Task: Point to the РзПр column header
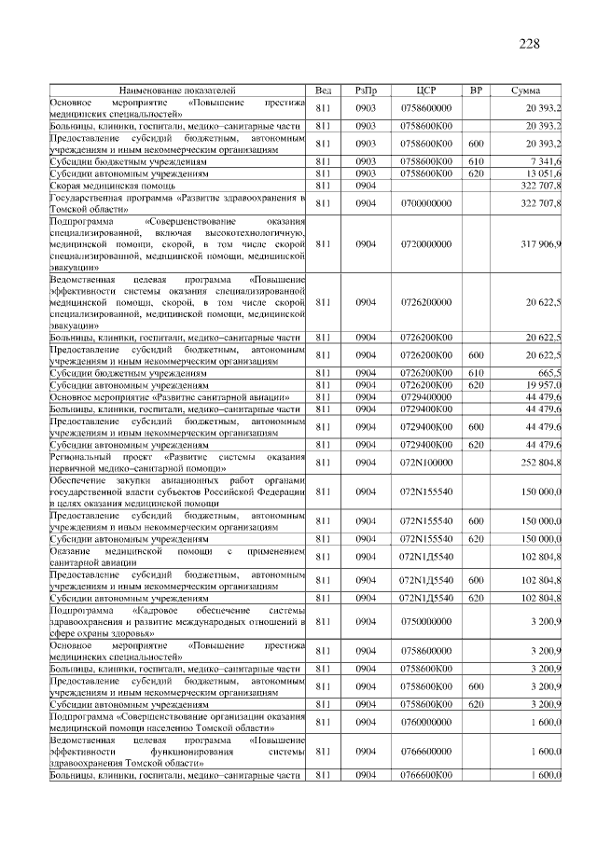click(x=366, y=90)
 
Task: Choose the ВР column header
click(x=476, y=90)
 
